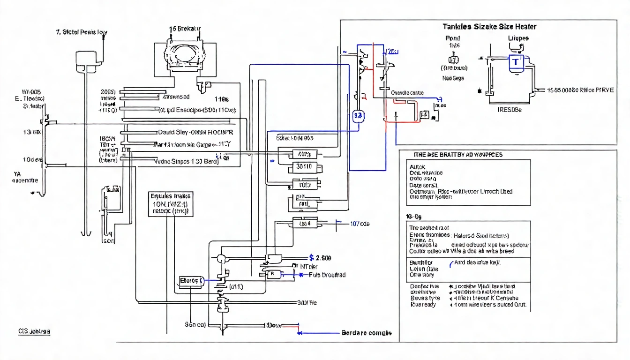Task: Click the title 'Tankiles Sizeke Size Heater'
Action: (489, 27)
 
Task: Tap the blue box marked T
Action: (516, 62)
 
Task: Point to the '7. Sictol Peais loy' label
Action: (81, 33)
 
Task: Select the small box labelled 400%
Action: (305, 153)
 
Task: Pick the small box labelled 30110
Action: (305, 166)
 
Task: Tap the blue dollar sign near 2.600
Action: (312, 257)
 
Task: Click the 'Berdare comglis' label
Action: (367, 333)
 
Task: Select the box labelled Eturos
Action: (191, 280)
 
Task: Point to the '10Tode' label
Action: (360, 224)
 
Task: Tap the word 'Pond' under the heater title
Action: (452, 38)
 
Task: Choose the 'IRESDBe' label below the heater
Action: (509, 109)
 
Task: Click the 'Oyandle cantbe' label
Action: (407, 93)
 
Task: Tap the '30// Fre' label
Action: (307, 303)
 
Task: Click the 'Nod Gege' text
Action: (453, 78)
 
